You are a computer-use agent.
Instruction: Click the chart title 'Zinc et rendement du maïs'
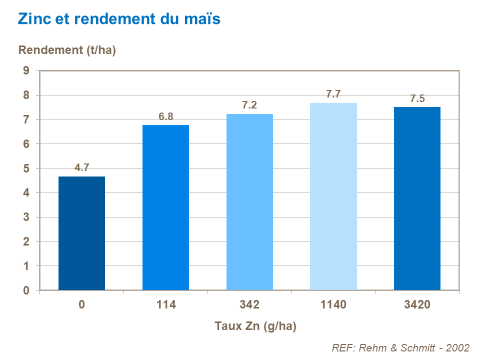[119, 19]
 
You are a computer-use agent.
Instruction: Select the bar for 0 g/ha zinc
[81, 233]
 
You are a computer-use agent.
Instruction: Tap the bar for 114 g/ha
[165, 207]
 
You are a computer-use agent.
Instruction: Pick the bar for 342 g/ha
[249, 202]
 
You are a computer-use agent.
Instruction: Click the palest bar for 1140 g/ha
[333, 196]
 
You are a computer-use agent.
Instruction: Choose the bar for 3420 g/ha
[417, 198]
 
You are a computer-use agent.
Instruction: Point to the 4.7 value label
[81, 168]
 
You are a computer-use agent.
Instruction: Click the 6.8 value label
[165, 116]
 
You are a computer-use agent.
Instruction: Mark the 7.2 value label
[249, 105]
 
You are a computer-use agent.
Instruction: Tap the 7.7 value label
[333, 94]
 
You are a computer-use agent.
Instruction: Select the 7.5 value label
[417, 98]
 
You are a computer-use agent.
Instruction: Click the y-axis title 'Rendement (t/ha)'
[67, 50]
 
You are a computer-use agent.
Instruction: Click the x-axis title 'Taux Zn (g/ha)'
[256, 326]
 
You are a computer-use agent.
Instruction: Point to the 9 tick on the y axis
[26, 71]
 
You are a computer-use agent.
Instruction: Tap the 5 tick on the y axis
[26, 168]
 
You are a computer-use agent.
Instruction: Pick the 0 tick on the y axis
[26, 290]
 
